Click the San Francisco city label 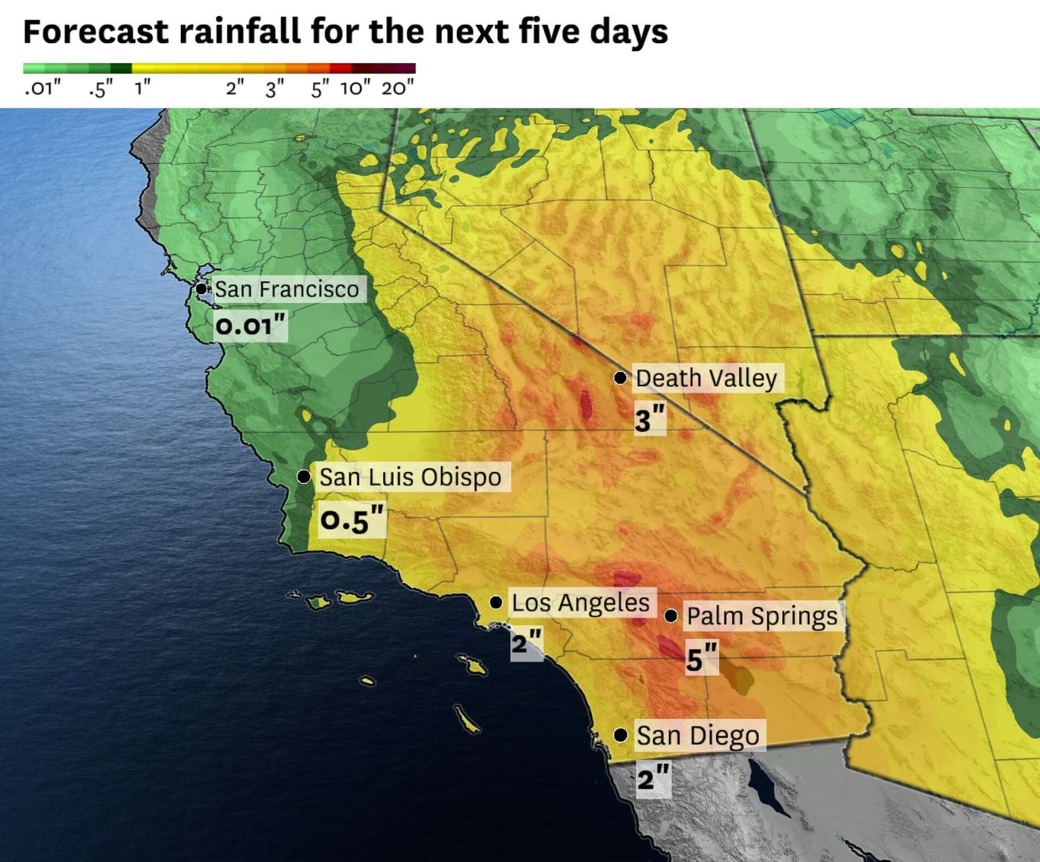point(287,289)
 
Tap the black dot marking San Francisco point(201,289)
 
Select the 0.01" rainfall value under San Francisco point(250,326)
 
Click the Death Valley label point(706,378)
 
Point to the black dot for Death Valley point(620,377)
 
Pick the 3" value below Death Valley point(649,420)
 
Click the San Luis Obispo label point(411,477)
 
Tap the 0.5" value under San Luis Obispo point(352,520)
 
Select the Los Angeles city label point(581,603)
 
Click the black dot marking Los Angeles point(496,602)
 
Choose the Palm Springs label point(762,616)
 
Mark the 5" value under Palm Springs point(701,658)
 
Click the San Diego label point(698,735)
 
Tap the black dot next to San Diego point(621,735)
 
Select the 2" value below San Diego point(653,779)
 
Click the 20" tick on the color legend point(398,87)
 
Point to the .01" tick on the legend point(42,87)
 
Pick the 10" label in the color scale point(355,87)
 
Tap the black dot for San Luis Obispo point(304,476)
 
